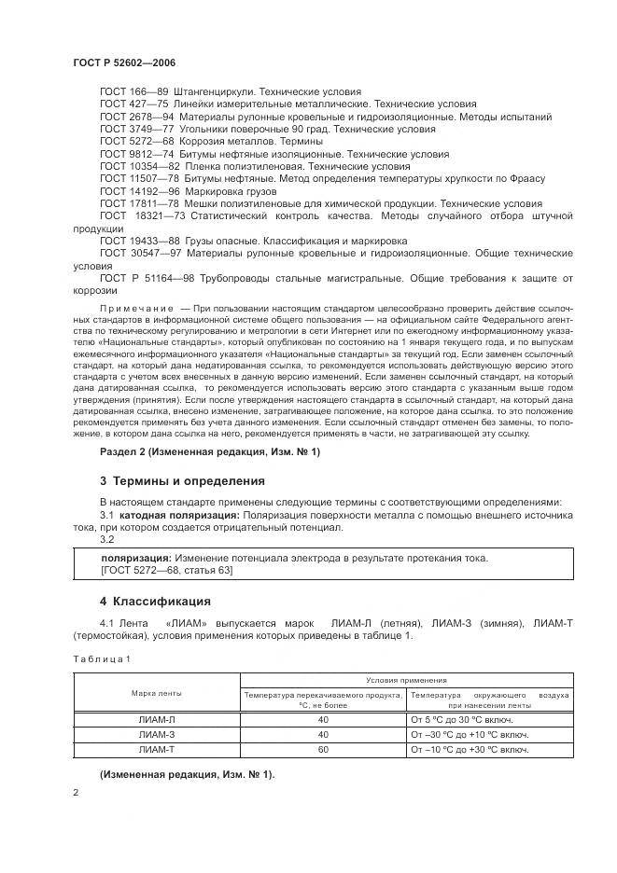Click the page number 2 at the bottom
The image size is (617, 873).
(76, 792)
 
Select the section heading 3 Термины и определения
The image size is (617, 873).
(182, 480)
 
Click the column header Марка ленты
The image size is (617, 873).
(156, 694)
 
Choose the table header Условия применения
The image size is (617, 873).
(405, 681)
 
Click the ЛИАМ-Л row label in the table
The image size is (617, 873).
(156, 719)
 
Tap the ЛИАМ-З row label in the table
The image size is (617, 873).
(156, 735)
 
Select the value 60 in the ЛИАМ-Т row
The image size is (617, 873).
(324, 750)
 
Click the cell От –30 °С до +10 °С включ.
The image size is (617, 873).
(470, 735)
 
